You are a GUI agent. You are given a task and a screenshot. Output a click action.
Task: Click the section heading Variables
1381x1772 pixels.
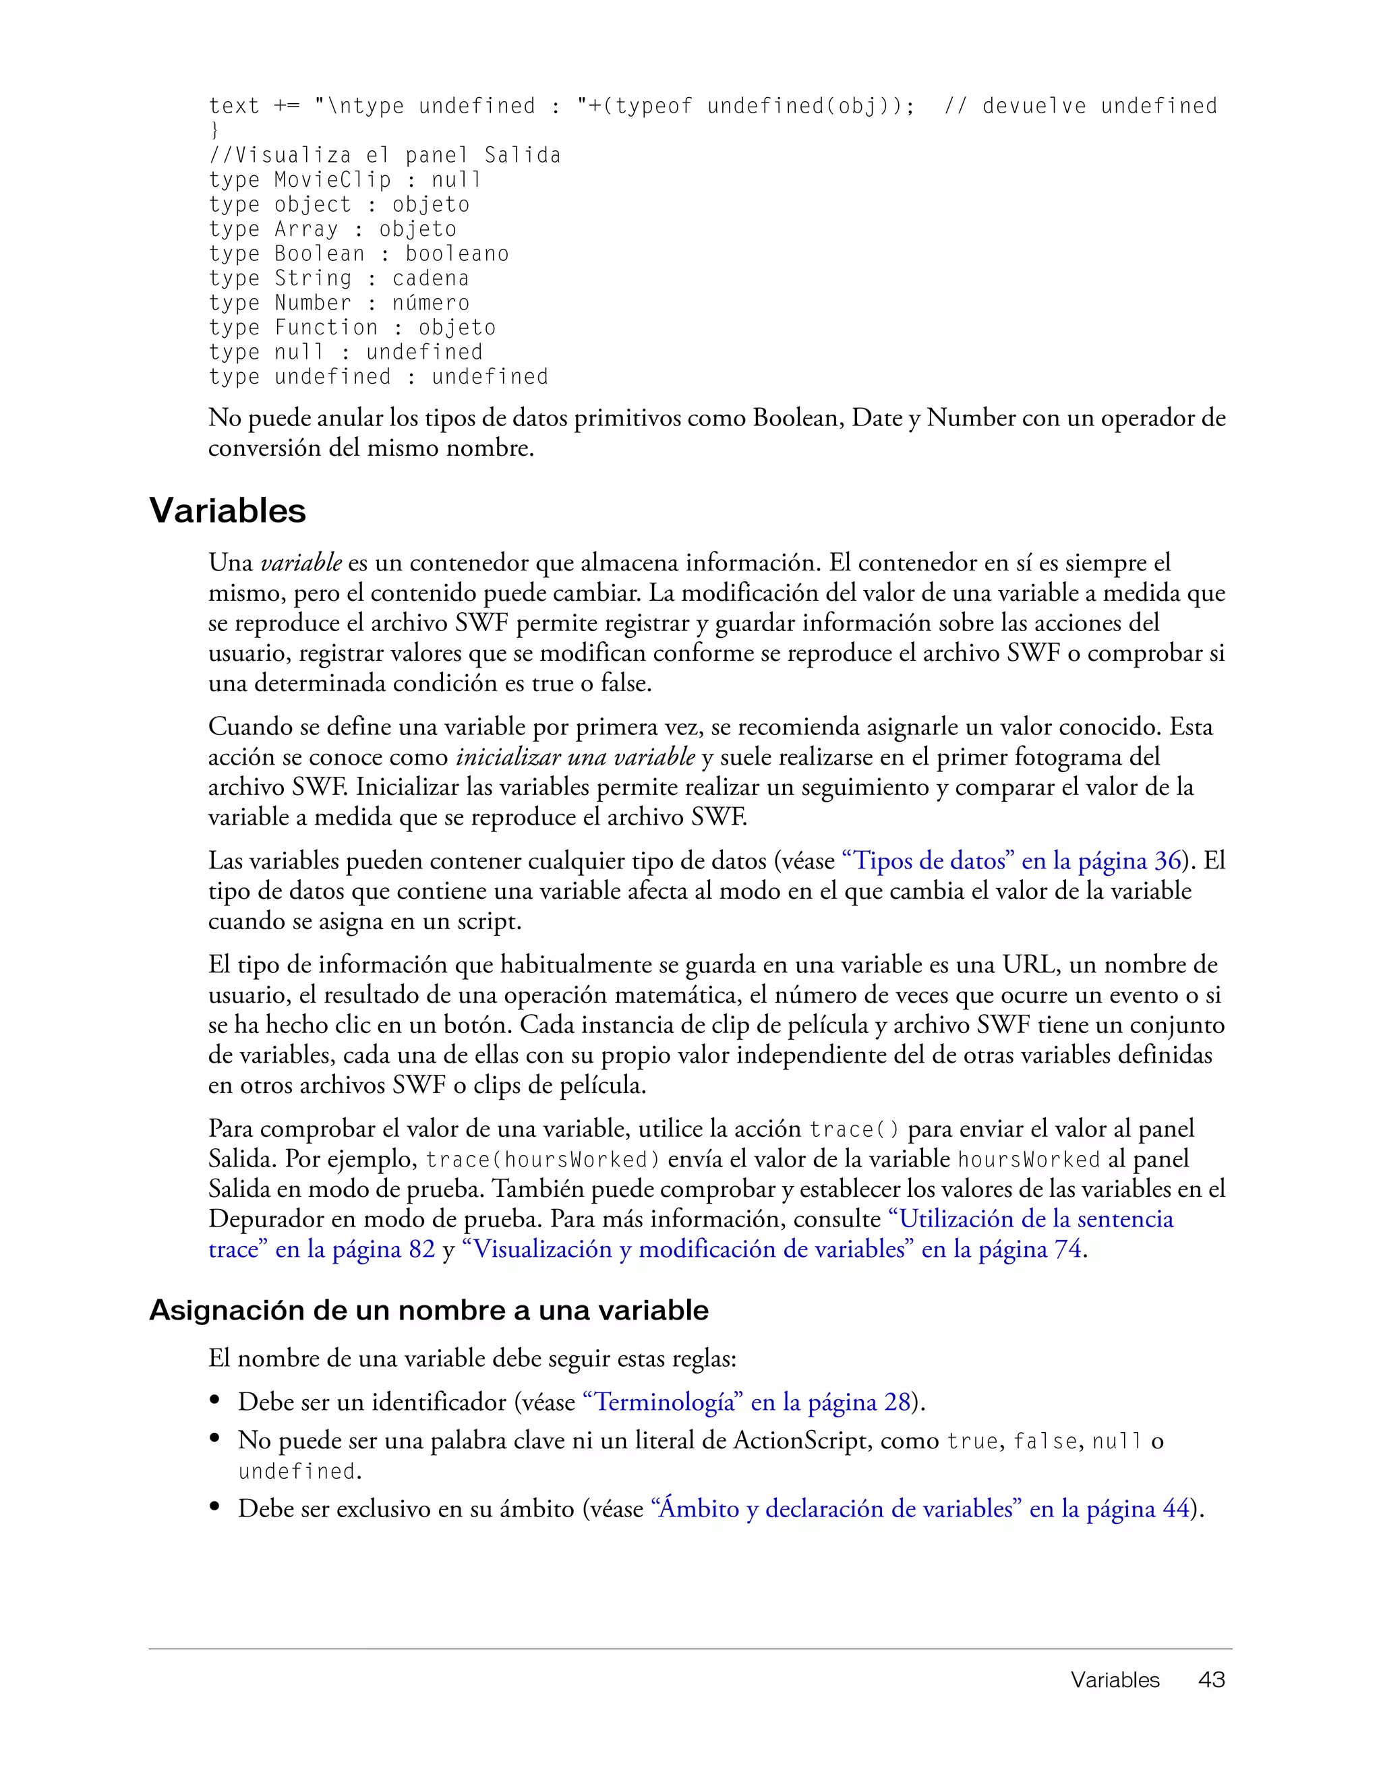click(227, 510)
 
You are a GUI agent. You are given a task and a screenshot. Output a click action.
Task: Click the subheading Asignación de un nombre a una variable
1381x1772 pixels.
click(428, 1310)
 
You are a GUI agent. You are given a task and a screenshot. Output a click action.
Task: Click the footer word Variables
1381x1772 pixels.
click(1115, 1680)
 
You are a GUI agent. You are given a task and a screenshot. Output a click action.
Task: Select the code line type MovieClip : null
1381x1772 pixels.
click(345, 179)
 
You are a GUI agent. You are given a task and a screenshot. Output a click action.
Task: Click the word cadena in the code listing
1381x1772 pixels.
click(430, 278)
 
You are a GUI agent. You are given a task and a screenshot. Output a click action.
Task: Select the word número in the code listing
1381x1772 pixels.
click(430, 303)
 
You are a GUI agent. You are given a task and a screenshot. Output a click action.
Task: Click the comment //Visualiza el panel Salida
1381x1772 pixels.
click(384, 155)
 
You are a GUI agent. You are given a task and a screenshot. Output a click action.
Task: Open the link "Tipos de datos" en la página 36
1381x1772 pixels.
click(1011, 860)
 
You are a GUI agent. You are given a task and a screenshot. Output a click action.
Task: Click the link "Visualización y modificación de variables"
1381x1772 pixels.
click(690, 1249)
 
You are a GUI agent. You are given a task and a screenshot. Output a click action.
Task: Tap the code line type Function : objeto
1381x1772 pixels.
click(351, 327)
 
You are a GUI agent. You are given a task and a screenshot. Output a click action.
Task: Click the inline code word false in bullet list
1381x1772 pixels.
click(1045, 1442)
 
